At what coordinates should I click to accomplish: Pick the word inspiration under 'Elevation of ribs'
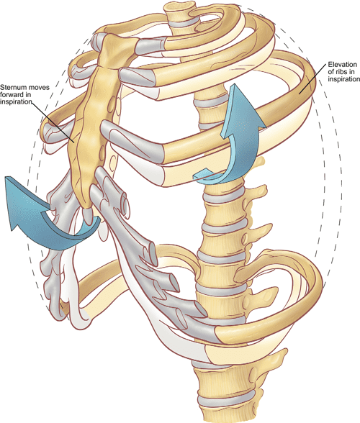pos(332,80)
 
